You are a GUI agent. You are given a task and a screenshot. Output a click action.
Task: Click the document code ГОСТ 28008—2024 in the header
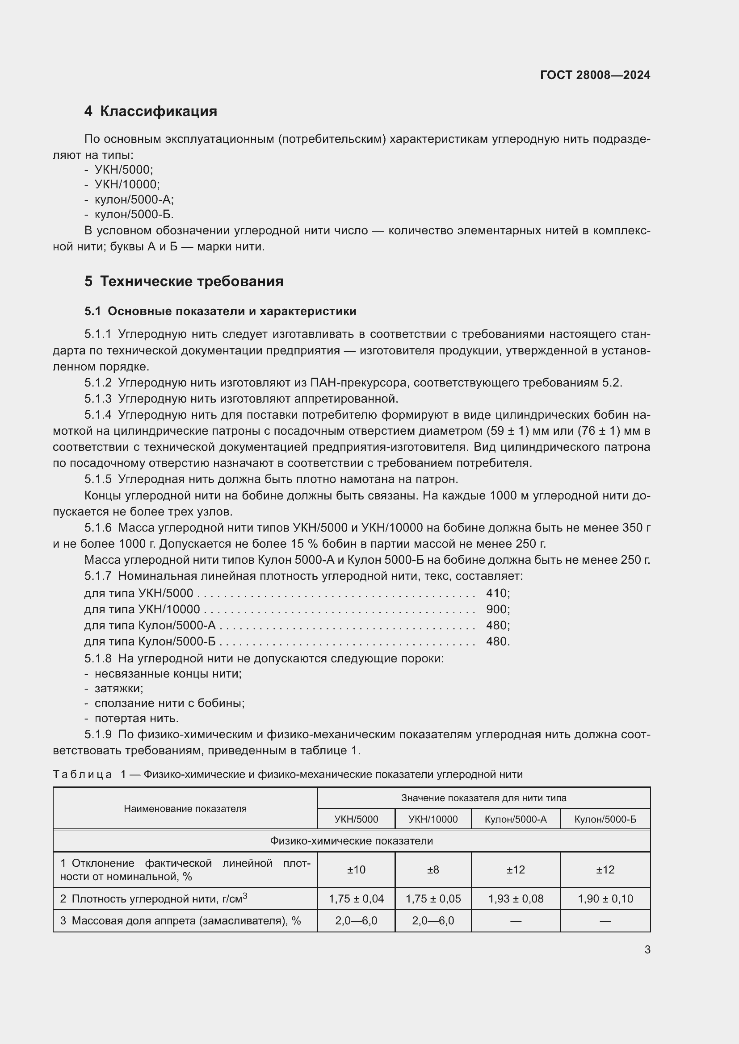coord(595,75)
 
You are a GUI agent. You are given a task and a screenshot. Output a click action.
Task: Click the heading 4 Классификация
coord(151,112)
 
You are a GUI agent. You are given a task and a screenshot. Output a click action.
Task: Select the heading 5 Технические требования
coord(184,282)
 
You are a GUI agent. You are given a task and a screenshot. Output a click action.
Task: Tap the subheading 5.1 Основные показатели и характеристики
coord(220,312)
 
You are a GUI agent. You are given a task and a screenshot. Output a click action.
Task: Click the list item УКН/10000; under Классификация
coord(127,184)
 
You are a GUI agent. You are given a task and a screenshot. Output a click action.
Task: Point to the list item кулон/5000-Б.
coord(134,214)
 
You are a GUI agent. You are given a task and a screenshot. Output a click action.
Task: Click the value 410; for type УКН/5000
coord(497,593)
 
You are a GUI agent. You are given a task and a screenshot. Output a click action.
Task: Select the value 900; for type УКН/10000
coord(497,609)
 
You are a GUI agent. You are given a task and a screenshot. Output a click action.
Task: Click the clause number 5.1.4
coord(98,415)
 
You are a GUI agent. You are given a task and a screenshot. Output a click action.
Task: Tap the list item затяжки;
coord(118,688)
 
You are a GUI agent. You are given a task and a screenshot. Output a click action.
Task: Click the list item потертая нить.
coord(137,719)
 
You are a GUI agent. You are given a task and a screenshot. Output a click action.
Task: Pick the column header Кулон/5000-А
coord(516,819)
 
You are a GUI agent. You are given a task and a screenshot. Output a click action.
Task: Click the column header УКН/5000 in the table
coord(356,819)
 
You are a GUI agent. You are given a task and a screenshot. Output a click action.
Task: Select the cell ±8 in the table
coord(433,870)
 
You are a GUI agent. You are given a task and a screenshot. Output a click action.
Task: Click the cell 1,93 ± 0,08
coord(516,899)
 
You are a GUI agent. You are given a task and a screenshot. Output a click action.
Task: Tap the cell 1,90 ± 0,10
coord(605,899)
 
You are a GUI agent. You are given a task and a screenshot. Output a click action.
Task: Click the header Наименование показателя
coord(185,809)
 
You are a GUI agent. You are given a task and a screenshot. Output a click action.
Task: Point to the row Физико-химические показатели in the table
coord(351,841)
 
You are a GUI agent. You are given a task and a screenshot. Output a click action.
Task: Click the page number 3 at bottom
coord(647,950)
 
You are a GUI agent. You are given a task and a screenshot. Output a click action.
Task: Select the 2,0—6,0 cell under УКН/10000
coord(433,921)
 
